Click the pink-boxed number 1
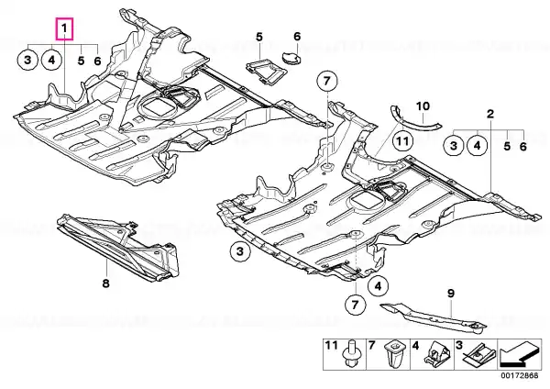[64, 29]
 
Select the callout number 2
[490, 114]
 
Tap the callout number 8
[106, 283]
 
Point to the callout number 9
[450, 294]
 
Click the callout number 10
[423, 106]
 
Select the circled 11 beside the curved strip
[402, 141]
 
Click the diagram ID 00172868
[521, 375]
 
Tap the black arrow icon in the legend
[519, 354]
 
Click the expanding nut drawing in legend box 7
[393, 353]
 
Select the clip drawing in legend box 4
[437, 353]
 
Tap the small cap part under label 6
[291, 57]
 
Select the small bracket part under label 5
[267, 72]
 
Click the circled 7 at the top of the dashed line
[327, 82]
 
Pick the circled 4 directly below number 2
[478, 145]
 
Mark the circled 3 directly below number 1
[27, 60]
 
